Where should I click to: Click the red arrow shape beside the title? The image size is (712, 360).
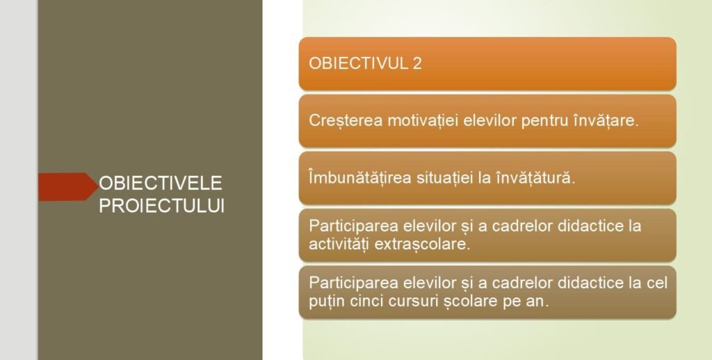coord(68,186)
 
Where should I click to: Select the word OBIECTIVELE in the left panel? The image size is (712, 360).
coord(161,183)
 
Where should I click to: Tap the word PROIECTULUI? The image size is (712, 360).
coord(161,206)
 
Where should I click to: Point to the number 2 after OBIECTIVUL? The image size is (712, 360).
coord(417,63)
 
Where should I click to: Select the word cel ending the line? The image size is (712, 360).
coord(656,283)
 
